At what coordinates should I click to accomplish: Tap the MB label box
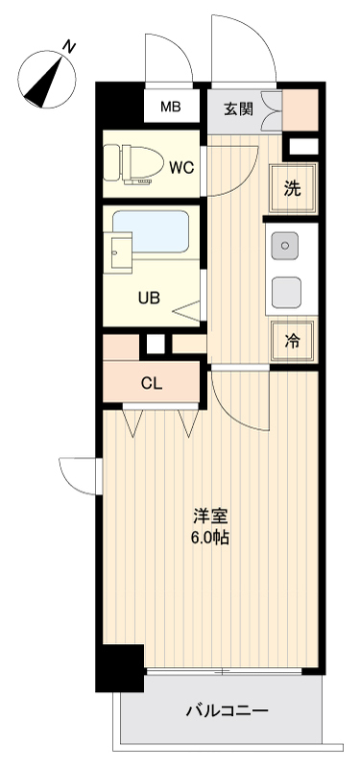click(x=170, y=107)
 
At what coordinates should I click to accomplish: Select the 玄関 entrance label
click(x=239, y=108)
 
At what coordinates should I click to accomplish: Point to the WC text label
click(x=181, y=167)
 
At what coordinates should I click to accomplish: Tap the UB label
click(x=148, y=298)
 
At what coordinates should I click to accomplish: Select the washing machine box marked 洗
click(x=293, y=187)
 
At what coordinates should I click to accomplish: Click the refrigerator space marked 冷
click(x=293, y=340)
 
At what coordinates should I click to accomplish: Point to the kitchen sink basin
click(x=285, y=247)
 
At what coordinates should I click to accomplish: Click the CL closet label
click(x=151, y=384)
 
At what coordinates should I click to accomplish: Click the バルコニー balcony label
click(x=227, y=711)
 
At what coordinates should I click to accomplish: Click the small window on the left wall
click(x=99, y=474)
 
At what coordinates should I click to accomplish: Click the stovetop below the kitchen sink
click(x=285, y=291)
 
